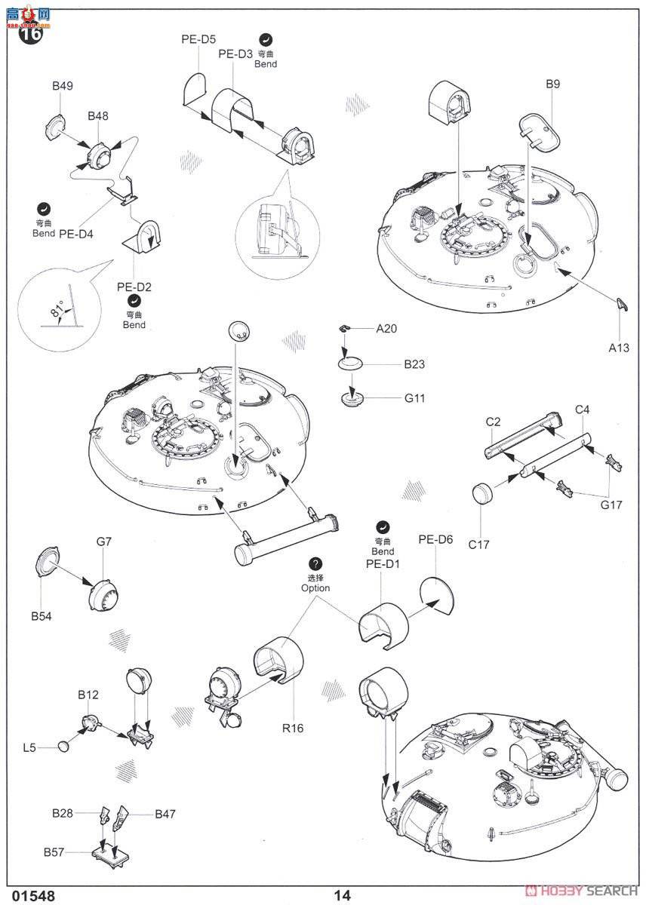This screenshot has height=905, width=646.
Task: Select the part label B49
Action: [63, 87]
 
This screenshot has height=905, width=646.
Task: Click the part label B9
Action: [552, 84]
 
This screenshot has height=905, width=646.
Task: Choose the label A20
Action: [386, 328]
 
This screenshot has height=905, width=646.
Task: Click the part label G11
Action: [414, 397]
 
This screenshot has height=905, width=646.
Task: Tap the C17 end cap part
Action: [482, 495]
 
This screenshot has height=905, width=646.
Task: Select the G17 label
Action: [611, 505]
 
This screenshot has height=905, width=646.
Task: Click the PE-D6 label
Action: [435, 539]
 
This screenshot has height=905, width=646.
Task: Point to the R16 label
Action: [293, 729]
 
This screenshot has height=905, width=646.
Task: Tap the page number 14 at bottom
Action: [343, 895]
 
